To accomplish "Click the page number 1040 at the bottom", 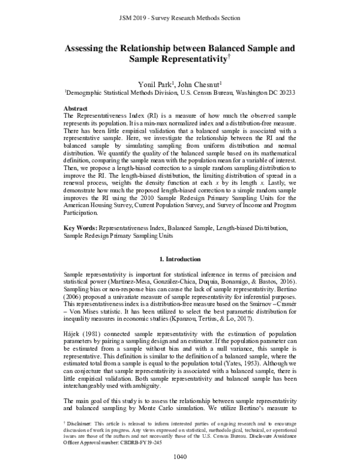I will (x=180, y=456).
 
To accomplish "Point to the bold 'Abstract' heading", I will (x=78, y=105).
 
